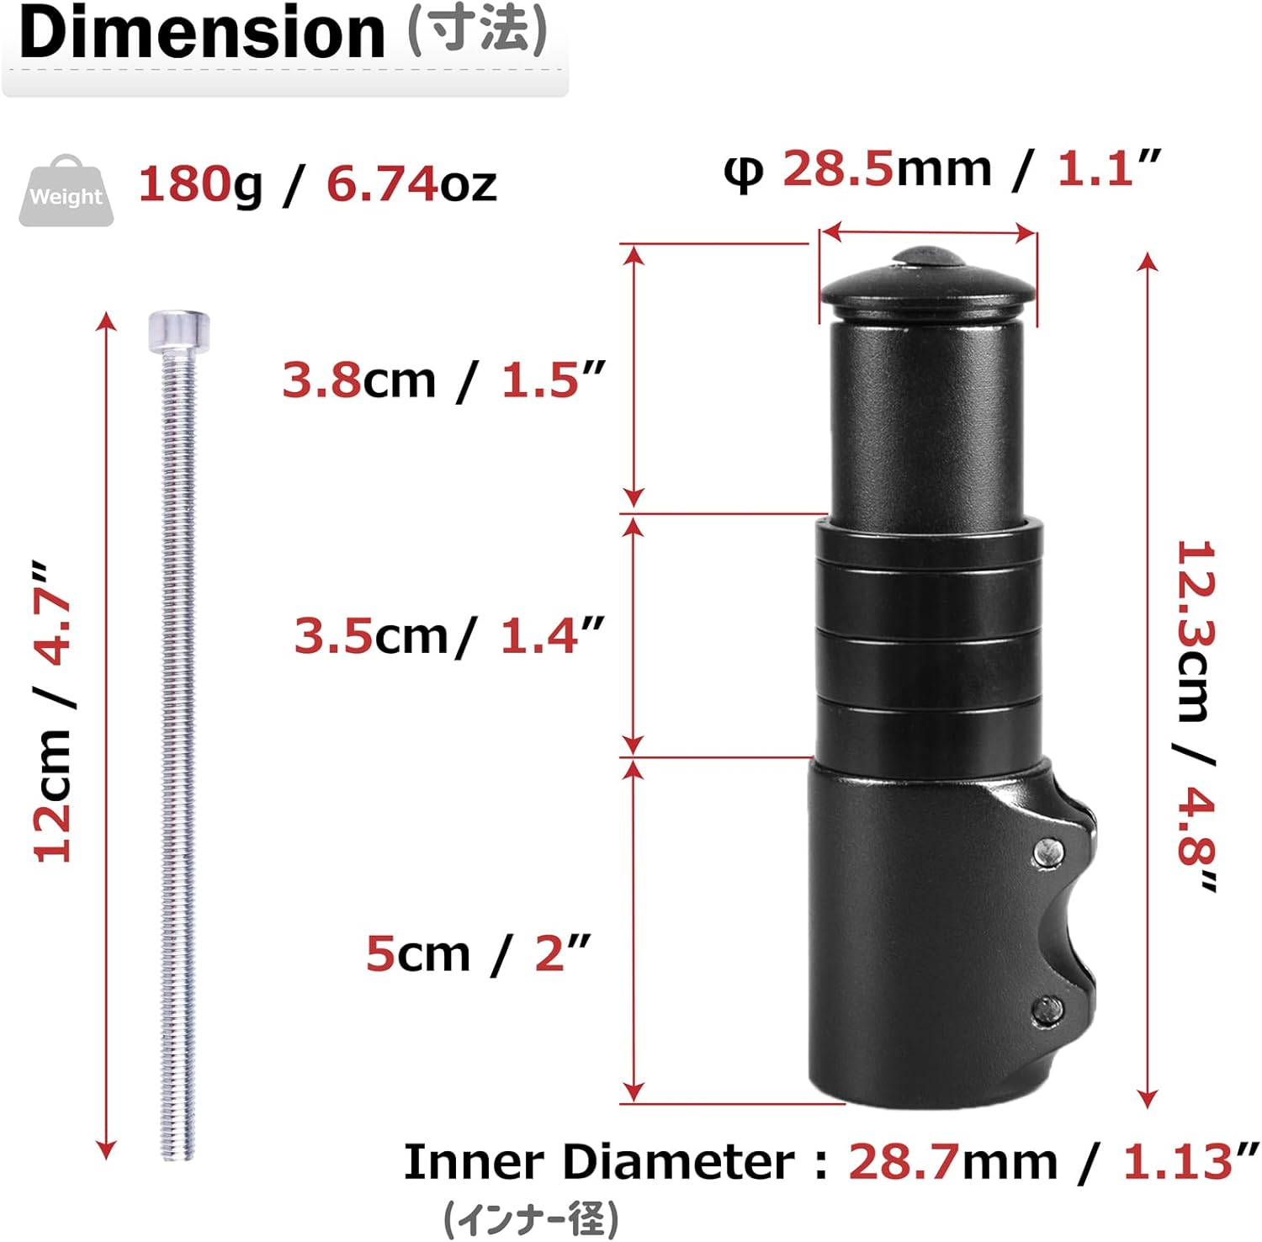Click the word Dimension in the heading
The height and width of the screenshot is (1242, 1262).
click(x=202, y=34)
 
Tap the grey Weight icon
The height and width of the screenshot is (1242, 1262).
click(x=66, y=191)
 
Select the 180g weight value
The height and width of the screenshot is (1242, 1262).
click(x=200, y=183)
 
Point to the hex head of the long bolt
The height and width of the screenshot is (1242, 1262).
click(x=178, y=332)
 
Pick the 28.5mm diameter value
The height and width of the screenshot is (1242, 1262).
click(x=837, y=168)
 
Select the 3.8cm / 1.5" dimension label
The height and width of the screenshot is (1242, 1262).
click(x=443, y=379)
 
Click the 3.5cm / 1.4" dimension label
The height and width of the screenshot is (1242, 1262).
click(x=449, y=635)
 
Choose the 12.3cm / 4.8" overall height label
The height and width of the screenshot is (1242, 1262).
click(x=1196, y=715)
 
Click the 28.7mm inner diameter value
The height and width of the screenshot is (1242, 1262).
click(x=904, y=1162)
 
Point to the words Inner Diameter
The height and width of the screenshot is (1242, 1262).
click(x=598, y=1162)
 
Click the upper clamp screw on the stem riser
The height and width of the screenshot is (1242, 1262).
click(x=1047, y=852)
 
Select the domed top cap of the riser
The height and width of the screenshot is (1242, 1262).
click(x=925, y=282)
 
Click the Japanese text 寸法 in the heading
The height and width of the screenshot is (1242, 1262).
click(x=478, y=32)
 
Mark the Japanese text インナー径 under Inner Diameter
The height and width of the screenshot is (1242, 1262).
click(x=531, y=1218)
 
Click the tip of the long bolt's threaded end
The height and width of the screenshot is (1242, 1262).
click(x=178, y=1154)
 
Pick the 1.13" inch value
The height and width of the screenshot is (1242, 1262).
click(x=1180, y=1162)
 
